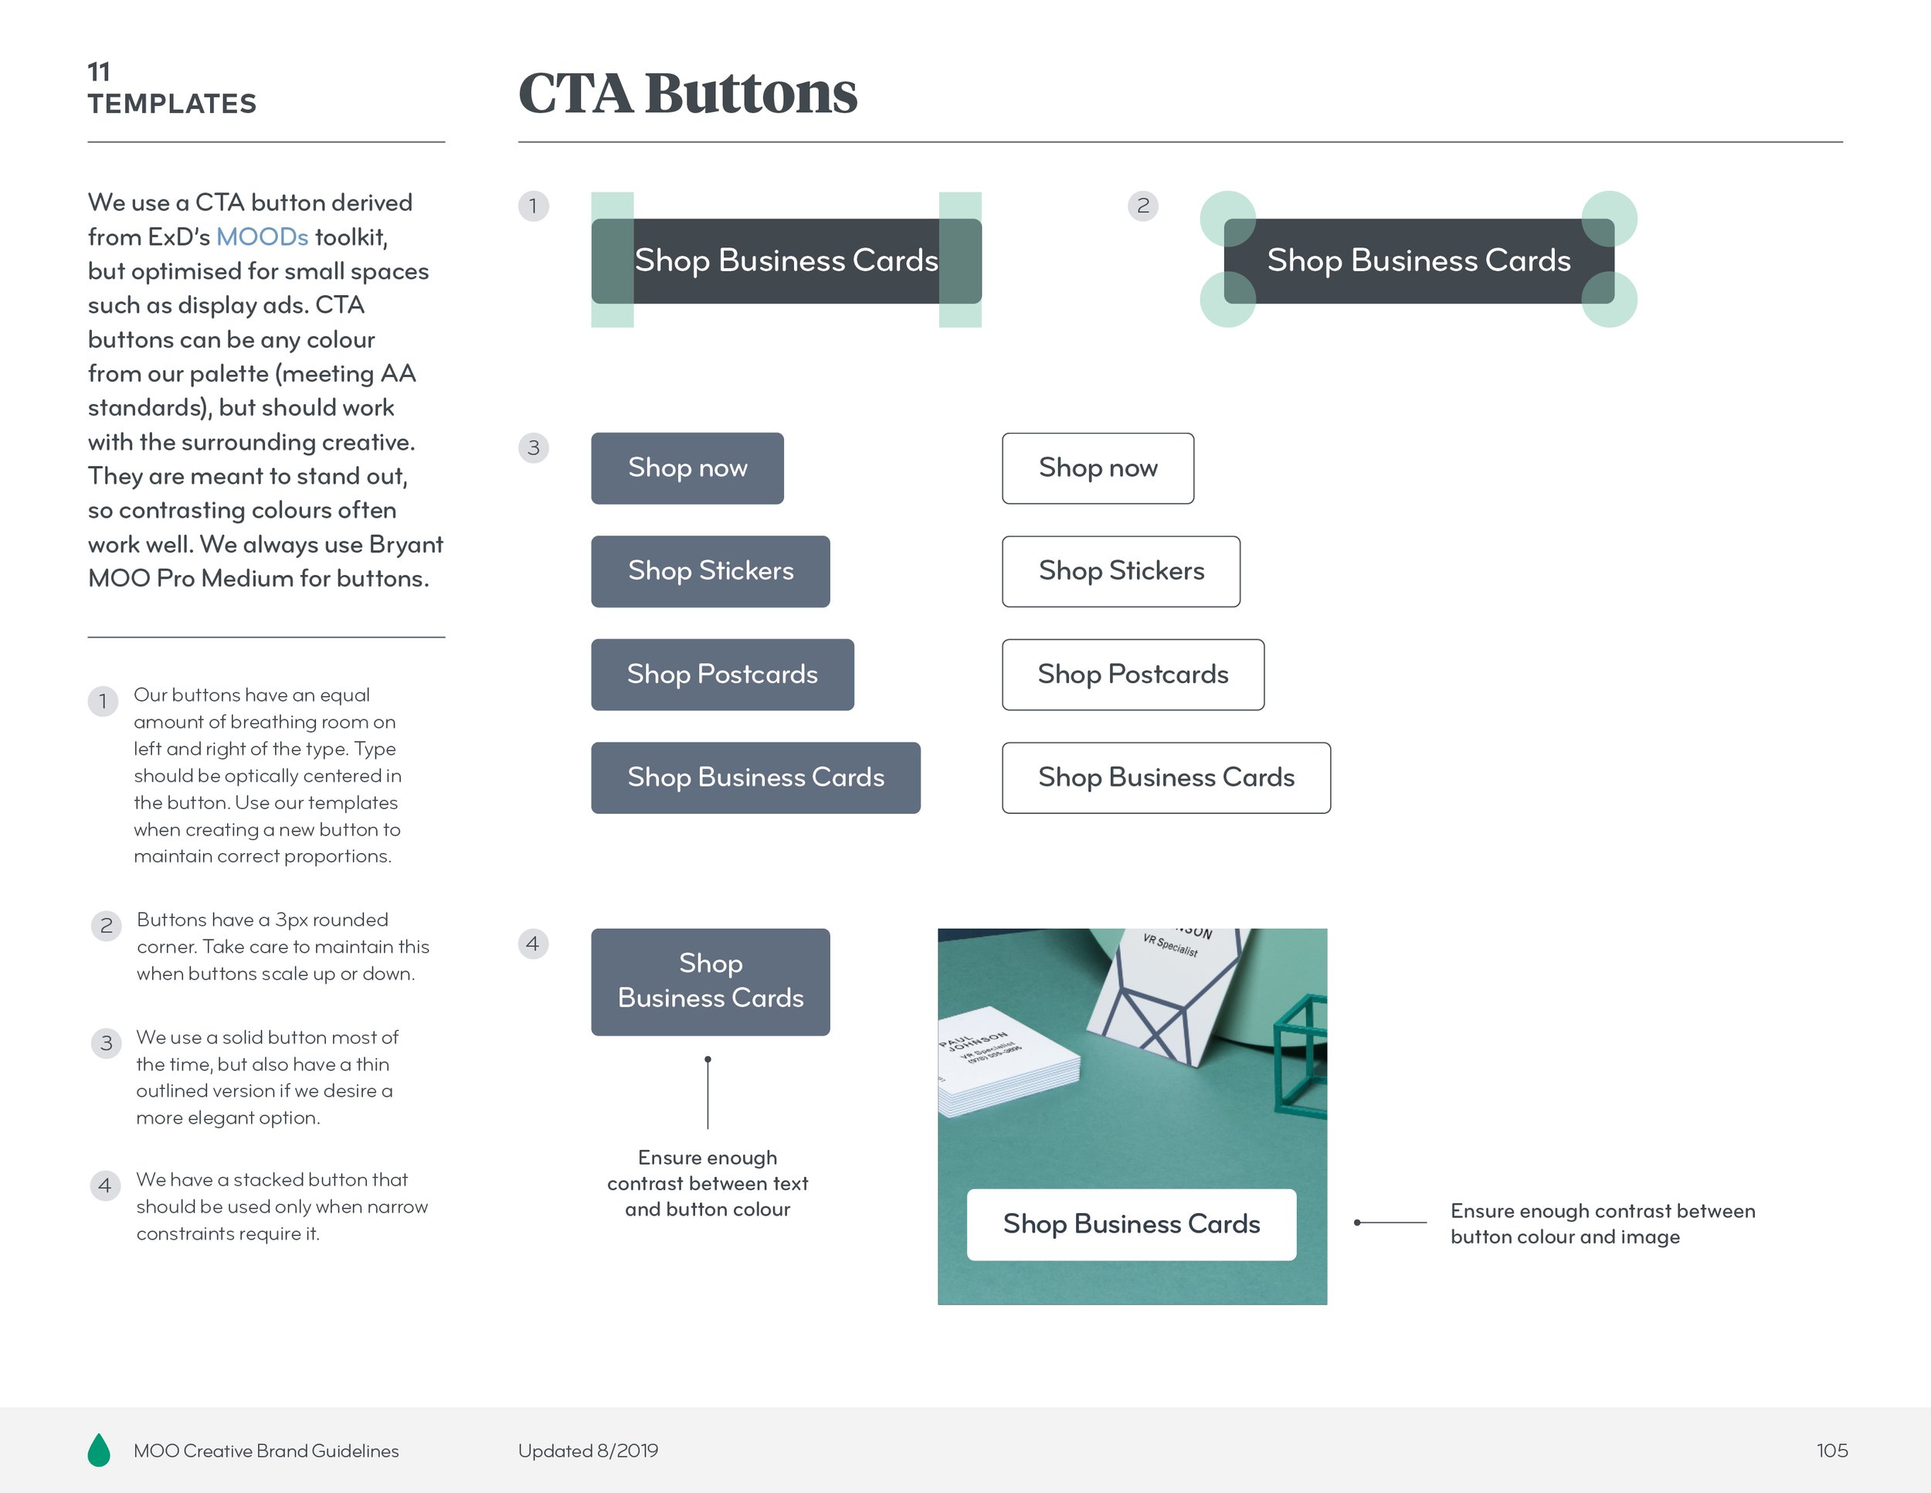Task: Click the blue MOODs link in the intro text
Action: [x=262, y=237]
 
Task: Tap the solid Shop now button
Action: [x=687, y=468]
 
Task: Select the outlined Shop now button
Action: [x=1098, y=468]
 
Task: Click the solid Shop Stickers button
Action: [x=710, y=571]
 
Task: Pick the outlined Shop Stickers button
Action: [x=1120, y=571]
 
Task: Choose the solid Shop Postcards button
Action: [x=722, y=675]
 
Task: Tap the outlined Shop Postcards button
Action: [x=1132, y=675]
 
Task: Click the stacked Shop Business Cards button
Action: [x=710, y=981]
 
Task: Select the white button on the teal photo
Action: [x=1131, y=1224]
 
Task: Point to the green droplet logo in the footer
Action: [x=99, y=1450]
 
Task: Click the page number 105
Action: [x=1831, y=1450]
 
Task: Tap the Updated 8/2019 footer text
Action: [x=588, y=1450]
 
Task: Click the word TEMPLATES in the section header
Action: [x=171, y=104]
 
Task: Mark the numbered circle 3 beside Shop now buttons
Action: [x=533, y=447]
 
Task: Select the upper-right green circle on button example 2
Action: [x=1609, y=219]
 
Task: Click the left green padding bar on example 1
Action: [x=612, y=260]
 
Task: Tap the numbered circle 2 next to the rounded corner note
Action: [x=106, y=926]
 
